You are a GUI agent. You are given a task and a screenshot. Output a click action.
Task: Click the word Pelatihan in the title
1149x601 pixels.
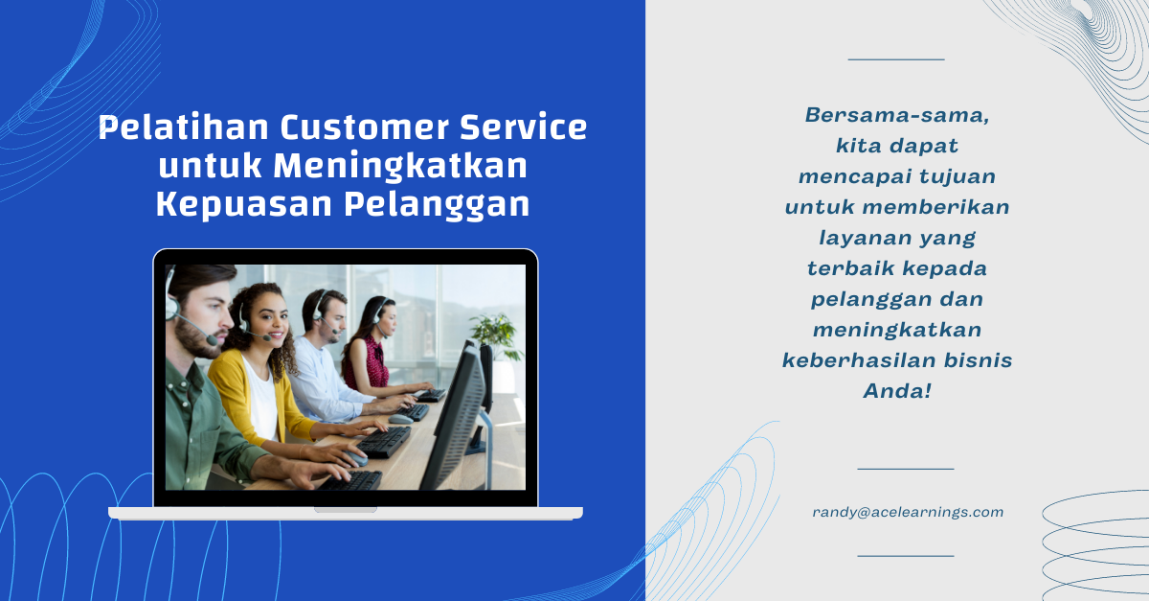pyautogui.click(x=184, y=127)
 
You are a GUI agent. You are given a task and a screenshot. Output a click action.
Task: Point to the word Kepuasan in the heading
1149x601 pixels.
pyautogui.click(x=244, y=205)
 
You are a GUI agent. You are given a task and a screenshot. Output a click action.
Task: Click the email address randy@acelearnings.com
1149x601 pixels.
pyautogui.click(x=908, y=512)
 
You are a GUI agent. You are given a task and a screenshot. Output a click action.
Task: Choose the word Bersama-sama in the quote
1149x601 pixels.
pyautogui.click(x=897, y=115)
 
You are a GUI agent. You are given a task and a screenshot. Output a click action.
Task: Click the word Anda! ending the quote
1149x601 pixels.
pyautogui.click(x=897, y=391)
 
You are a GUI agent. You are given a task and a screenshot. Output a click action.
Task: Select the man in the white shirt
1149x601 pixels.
pyautogui.click(x=328, y=359)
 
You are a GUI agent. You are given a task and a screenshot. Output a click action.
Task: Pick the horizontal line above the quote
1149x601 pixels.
pyautogui.click(x=896, y=59)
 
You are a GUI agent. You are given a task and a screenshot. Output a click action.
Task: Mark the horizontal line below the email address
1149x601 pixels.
pyautogui.click(x=906, y=556)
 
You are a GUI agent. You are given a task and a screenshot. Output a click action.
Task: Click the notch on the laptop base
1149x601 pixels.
pyautogui.click(x=346, y=510)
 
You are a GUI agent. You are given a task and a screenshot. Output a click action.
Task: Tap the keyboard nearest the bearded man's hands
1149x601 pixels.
pyautogui.click(x=350, y=481)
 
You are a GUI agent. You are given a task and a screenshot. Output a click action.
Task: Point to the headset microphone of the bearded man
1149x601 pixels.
pyautogui.click(x=212, y=340)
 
